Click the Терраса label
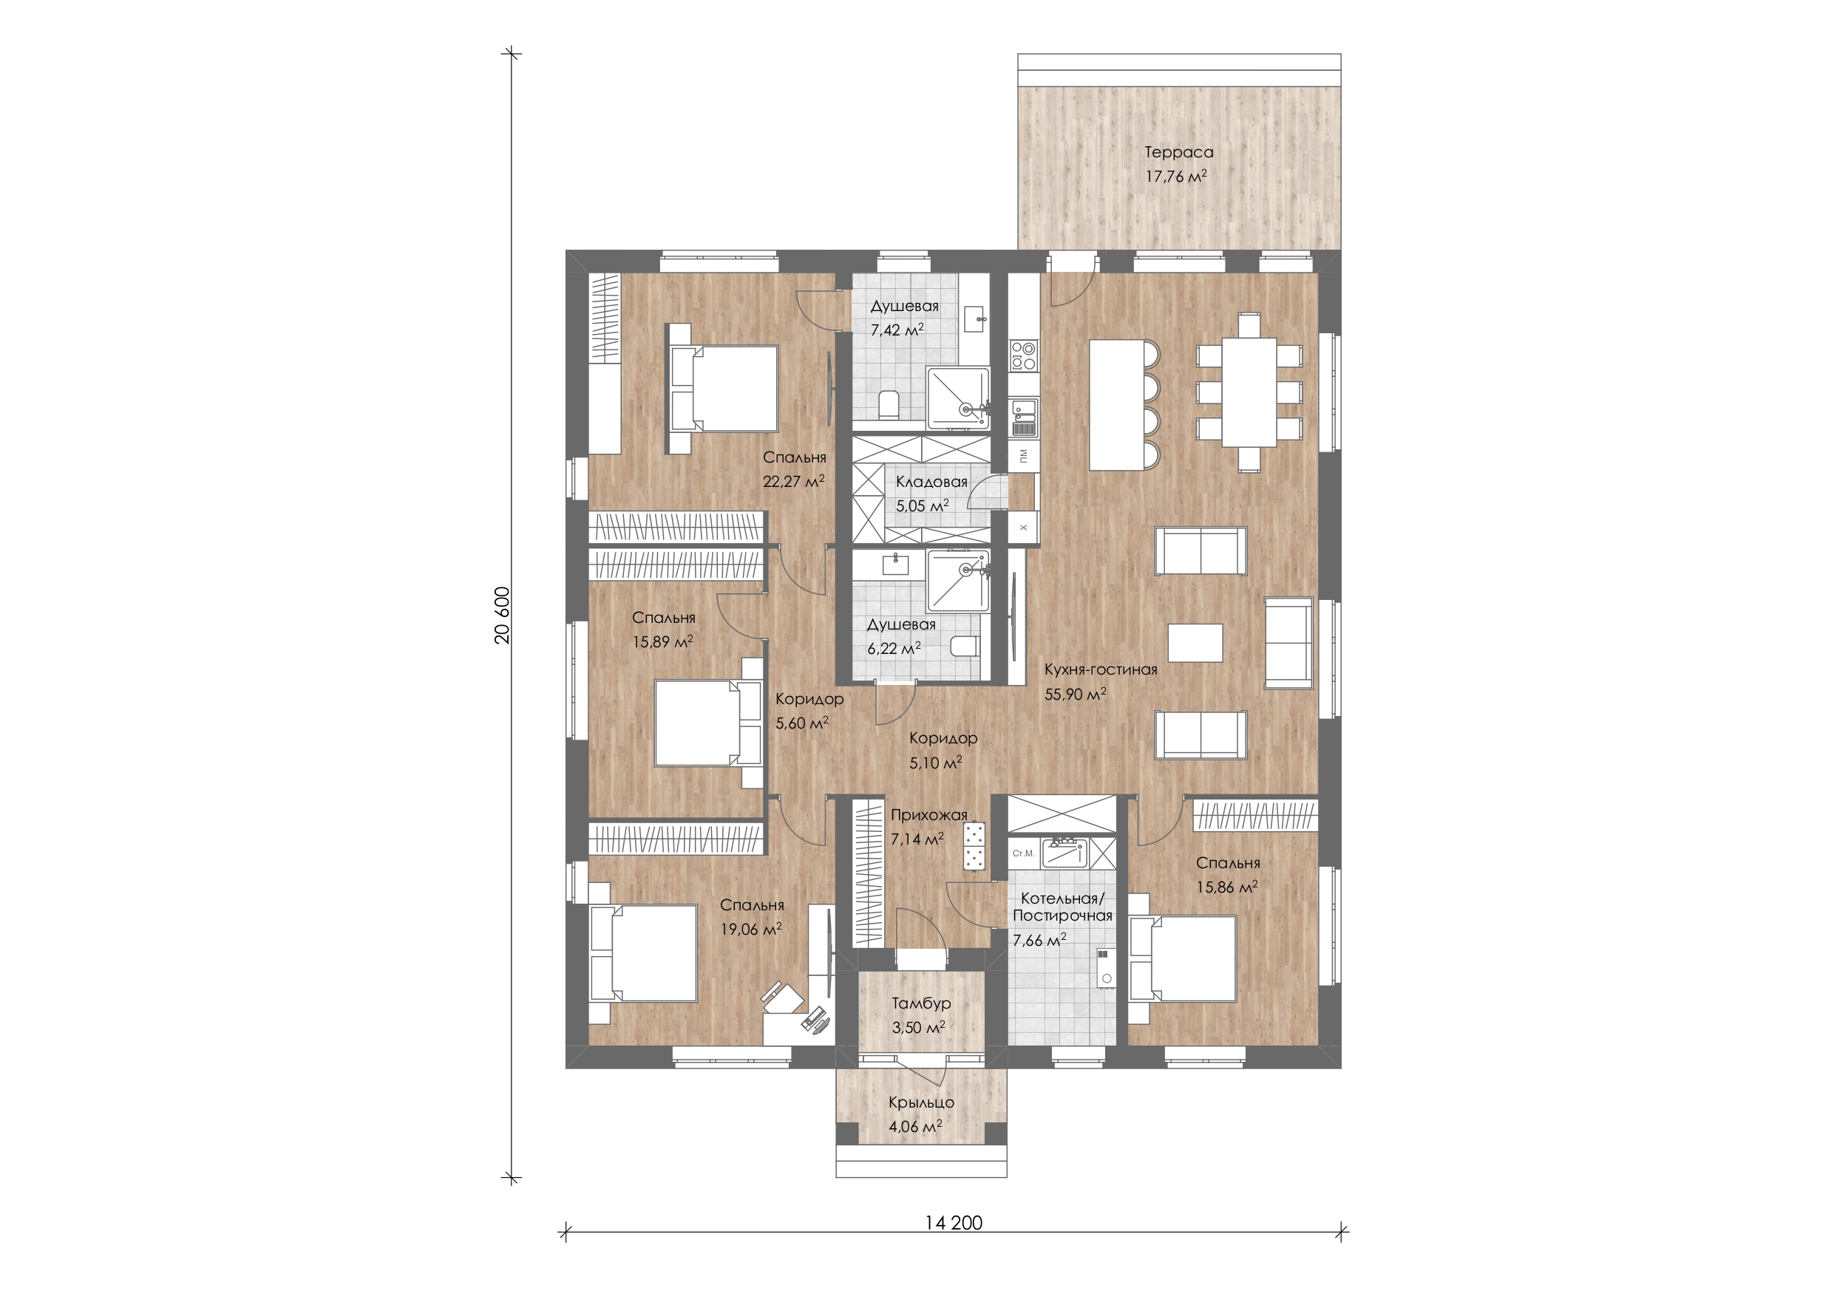point(1178,152)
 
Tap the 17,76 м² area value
point(1176,177)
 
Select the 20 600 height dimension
point(502,615)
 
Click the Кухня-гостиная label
point(1101,670)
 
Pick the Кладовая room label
point(931,482)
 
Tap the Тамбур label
point(921,1003)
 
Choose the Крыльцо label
point(921,1102)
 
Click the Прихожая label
point(929,815)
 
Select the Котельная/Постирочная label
point(1062,907)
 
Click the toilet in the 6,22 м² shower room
point(965,645)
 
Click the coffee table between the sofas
point(1195,643)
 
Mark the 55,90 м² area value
point(1075,694)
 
